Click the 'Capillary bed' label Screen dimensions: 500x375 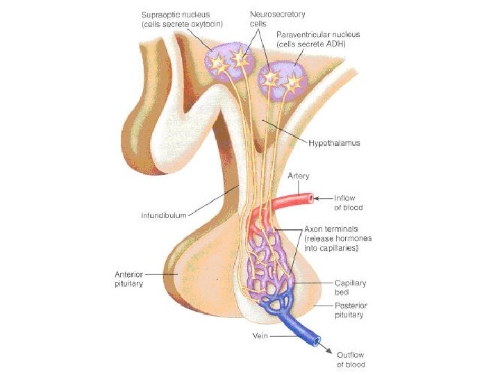(x=350, y=288)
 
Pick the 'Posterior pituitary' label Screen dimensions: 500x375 (x=350, y=310)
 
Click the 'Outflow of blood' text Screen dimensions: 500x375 (x=351, y=360)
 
